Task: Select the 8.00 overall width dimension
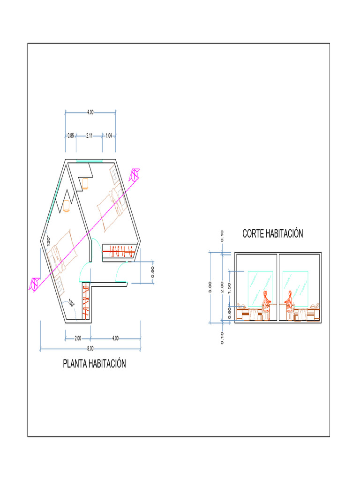click(x=90, y=349)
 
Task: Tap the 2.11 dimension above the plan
click(x=89, y=135)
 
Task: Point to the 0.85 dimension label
click(x=70, y=135)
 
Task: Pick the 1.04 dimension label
click(x=109, y=135)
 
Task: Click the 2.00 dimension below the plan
click(x=78, y=337)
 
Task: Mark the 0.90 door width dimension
click(x=153, y=272)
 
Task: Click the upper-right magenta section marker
click(x=134, y=175)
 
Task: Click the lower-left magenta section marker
click(x=34, y=284)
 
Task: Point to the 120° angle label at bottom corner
click(x=71, y=303)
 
